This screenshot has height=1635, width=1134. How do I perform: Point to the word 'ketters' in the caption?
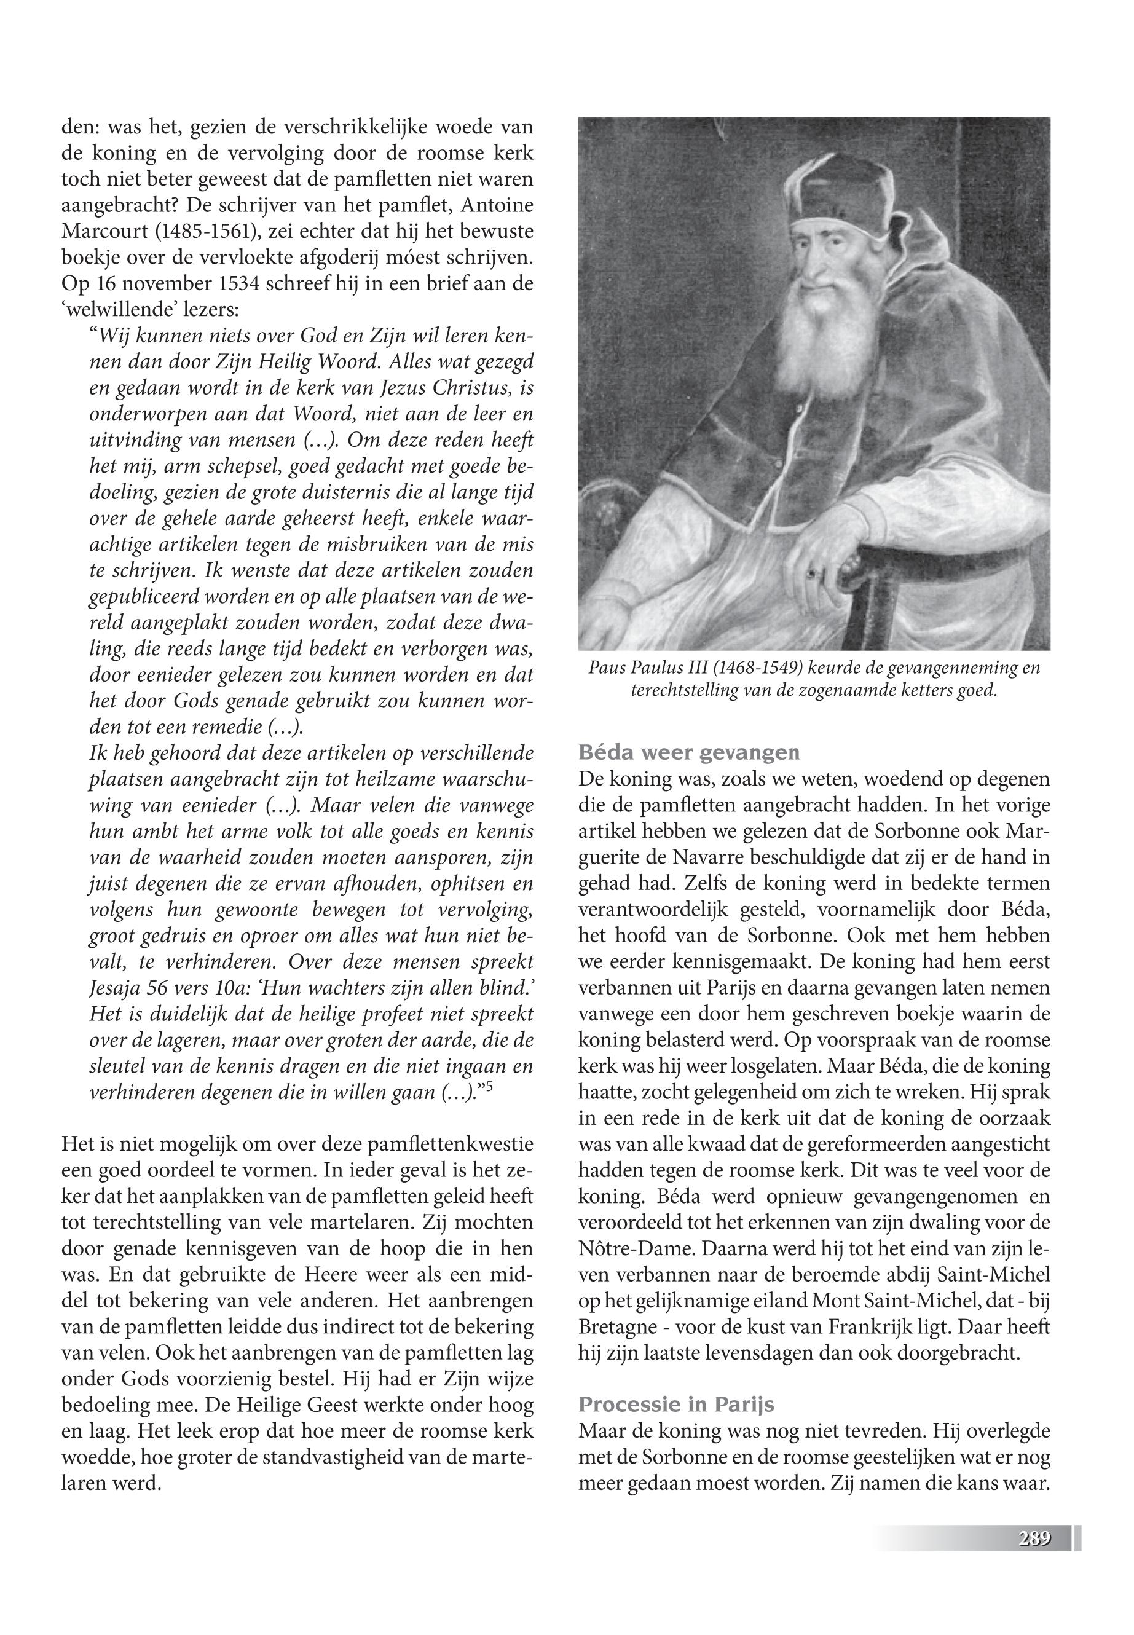tap(935, 691)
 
